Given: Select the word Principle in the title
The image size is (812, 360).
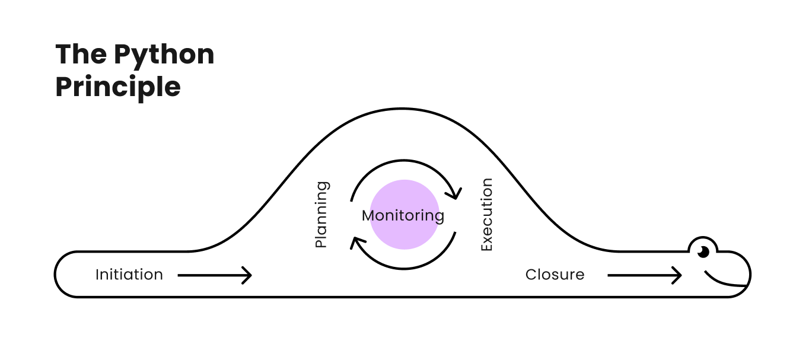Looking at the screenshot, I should click(x=118, y=87).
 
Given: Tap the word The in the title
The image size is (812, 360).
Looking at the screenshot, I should click(x=81, y=55).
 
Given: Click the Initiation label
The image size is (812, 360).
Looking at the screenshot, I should click(x=129, y=275).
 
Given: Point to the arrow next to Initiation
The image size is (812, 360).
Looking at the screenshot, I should click(x=215, y=275).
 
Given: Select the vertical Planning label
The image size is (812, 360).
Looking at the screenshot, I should click(x=321, y=214).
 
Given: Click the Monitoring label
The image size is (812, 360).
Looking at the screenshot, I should click(x=403, y=215).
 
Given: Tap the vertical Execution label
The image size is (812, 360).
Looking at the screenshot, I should click(x=486, y=214).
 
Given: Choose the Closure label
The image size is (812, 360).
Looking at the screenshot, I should click(x=555, y=275).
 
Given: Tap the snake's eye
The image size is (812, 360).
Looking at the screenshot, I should click(x=703, y=251).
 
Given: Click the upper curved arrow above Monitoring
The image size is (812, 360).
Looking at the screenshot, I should click(x=403, y=164).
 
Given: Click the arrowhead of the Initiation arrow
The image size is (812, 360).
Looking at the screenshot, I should click(x=247, y=275).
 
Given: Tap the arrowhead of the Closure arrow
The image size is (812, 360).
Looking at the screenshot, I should click(x=677, y=275).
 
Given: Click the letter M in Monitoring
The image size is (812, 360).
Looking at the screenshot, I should click(x=369, y=215).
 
